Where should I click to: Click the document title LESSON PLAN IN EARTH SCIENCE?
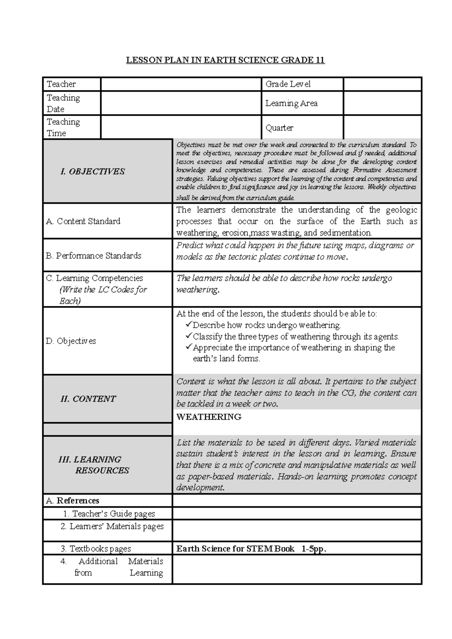point(225,60)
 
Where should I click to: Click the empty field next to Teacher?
point(181,84)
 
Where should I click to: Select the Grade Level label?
point(288,84)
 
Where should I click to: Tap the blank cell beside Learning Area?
point(382,103)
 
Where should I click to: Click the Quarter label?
point(279,128)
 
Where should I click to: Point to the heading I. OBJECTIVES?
point(93,171)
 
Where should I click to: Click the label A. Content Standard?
point(83,221)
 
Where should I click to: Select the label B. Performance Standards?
point(93,256)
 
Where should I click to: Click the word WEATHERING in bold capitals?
point(209,417)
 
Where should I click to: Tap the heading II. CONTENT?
point(88,399)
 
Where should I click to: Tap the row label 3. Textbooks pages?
point(96,549)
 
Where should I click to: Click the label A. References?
point(73,501)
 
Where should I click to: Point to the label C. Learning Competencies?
point(95,278)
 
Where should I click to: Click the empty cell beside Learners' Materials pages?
point(296,530)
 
